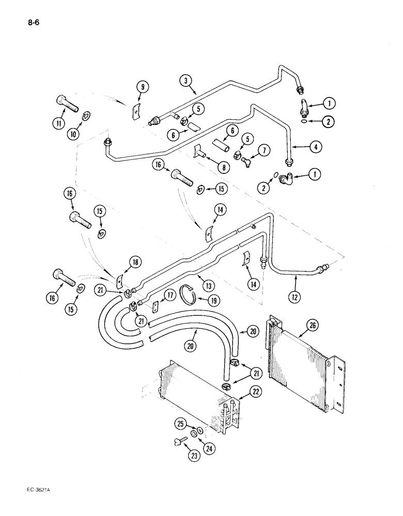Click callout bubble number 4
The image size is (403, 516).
317,146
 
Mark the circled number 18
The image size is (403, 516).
135,263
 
